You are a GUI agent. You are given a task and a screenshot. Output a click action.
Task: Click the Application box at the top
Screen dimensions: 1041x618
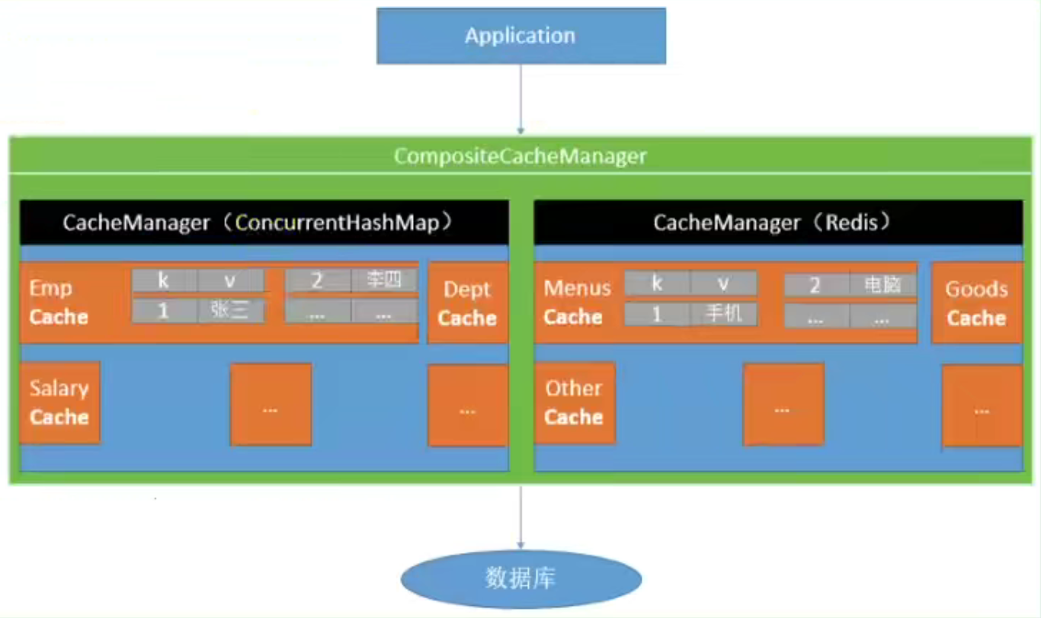click(x=521, y=36)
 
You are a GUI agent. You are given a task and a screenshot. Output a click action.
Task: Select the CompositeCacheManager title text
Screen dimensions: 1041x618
click(x=520, y=156)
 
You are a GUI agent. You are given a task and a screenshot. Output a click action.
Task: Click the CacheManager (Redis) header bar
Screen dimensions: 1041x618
click(x=778, y=223)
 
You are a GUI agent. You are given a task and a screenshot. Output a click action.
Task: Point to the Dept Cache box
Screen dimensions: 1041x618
click(x=468, y=303)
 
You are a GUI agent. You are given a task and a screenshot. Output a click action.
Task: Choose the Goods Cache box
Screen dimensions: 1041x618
click(x=977, y=303)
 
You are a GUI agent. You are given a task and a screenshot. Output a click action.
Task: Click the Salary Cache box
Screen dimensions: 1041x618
click(x=59, y=403)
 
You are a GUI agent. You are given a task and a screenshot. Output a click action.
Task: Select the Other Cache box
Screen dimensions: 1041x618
click(x=575, y=403)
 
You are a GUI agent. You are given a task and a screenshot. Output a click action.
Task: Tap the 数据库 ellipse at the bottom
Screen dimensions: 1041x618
click(x=521, y=579)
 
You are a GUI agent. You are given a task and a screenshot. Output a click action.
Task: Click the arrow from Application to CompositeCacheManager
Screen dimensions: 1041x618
click(x=520, y=99)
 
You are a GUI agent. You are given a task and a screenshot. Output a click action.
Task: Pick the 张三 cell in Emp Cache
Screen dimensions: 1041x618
click(x=231, y=310)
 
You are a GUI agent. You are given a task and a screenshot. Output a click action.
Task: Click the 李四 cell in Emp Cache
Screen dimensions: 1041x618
click(x=384, y=280)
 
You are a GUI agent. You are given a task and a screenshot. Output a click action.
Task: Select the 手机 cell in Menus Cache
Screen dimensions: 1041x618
click(x=723, y=314)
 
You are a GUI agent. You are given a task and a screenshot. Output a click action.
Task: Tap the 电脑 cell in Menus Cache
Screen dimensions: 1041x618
click(x=883, y=285)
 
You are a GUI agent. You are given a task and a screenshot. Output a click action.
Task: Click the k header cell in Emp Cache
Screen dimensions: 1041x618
click(x=165, y=280)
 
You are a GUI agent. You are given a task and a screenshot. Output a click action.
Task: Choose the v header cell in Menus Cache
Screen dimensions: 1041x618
click(x=723, y=283)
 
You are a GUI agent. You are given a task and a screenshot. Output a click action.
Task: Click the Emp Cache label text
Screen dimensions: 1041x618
click(x=59, y=303)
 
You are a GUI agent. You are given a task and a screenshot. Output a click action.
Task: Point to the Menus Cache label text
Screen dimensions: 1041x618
click(x=577, y=303)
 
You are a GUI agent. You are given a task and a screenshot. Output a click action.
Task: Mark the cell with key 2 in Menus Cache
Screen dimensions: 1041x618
click(x=816, y=285)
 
